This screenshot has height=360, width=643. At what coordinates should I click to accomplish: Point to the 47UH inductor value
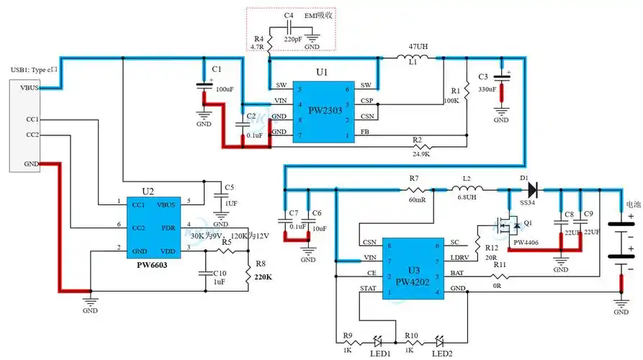(418, 47)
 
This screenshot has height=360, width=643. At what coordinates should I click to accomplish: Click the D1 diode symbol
(531, 190)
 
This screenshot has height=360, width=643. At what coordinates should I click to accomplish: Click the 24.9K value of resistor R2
(421, 153)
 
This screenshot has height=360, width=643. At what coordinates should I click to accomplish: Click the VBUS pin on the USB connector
(30, 88)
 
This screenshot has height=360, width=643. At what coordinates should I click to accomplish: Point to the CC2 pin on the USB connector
(32, 135)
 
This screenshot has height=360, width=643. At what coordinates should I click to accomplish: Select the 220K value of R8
(264, 274)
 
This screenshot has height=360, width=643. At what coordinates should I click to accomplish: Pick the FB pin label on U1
(367, 133)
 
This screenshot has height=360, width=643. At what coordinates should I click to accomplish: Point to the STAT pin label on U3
(368, 288)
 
